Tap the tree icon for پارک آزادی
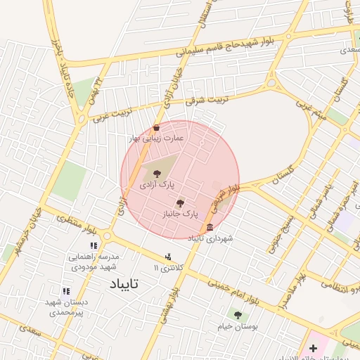156,173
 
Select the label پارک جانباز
181,212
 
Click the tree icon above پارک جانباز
181,202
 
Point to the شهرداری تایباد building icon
210,228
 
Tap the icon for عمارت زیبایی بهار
156,128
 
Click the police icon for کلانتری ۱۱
167,257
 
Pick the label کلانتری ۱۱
167,268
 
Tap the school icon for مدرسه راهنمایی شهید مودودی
93,246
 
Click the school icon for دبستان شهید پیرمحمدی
66,291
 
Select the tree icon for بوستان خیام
238,315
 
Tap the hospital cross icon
313,348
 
